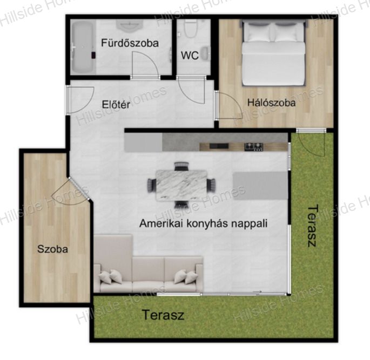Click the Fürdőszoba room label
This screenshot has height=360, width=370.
point(130,43)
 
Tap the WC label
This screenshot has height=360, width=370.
point(190,56)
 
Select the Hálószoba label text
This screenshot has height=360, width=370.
point(271,103)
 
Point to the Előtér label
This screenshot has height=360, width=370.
point(116,105)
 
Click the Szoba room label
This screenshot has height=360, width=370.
point(52,249)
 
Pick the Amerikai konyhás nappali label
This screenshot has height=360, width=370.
point(204,223)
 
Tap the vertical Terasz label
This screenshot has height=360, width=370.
point(312,226)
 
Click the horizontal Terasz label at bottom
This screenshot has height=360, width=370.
point(163,315)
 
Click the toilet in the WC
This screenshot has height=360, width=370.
point(190,29)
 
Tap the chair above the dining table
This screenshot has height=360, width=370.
point(181,166)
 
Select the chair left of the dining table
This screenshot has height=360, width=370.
point(151,186)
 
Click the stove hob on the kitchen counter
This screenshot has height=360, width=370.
point(254,147)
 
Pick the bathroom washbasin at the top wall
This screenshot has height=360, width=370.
point(129,26)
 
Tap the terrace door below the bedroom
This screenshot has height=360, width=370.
point(311,143)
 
